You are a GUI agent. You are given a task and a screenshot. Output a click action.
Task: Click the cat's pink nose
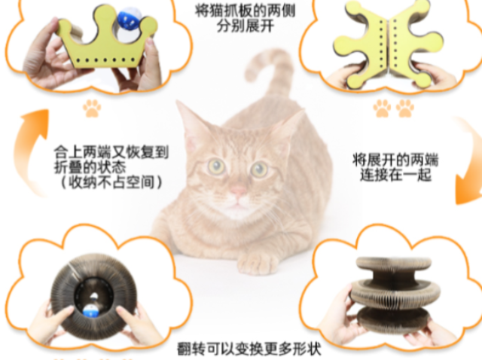238,191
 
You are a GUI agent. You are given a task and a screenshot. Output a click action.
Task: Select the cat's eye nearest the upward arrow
217,166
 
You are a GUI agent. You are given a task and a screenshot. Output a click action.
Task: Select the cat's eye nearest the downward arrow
260,168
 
